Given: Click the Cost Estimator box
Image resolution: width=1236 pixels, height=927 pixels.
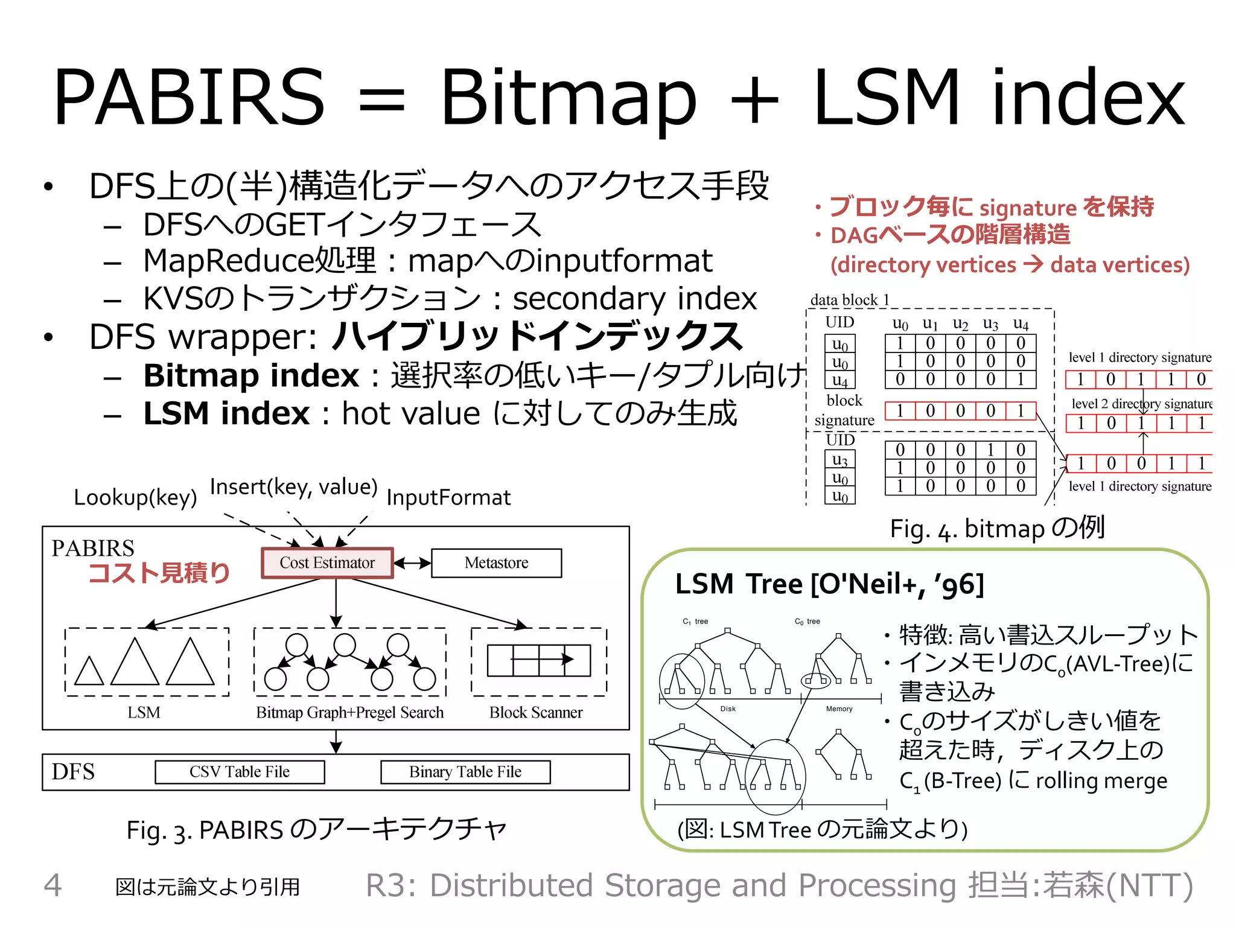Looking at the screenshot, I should pyautogui.click(x=327, y=562).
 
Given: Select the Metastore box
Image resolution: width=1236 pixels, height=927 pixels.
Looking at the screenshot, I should pyautogui.click(x=496, y=562).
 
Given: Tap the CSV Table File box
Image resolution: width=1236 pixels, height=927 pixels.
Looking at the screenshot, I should pyautogui.click(x=240, y=771).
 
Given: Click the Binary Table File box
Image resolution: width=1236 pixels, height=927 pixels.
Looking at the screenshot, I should pyautogui.click(x=465, y=771).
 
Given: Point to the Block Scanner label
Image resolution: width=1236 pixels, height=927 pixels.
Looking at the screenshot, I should pyautogui.click(x=536, y=712).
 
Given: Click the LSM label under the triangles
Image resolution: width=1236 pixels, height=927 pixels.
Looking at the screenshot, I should pyautogui.click(x=144, y=712).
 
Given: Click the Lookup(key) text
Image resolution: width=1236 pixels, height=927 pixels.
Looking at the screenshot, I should pyautogui.click(x=135, y=497).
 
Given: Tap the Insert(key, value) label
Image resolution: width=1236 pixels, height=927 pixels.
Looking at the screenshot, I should pyautogui.click(x=294, y=486).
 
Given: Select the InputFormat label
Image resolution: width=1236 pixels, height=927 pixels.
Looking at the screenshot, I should pyautogui.click(x=448, y=497).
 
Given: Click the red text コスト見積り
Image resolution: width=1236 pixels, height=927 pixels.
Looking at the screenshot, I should pyautogui.click(x=159, y=573).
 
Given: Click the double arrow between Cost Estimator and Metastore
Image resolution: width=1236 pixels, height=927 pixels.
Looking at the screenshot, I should pyautogui.click(x=412, y=563).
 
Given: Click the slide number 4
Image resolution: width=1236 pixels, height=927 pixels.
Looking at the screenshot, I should pyautogui.click(x=53, y=885).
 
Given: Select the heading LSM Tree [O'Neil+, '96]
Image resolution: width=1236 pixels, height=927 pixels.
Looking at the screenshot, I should pyautogui.click(x=829, y=584).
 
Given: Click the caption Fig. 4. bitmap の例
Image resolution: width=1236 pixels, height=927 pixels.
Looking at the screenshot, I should pyautogui.click(x=997, y=529).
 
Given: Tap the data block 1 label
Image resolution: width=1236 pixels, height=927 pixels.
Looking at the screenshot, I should pyautogui.click(x=850, y=300).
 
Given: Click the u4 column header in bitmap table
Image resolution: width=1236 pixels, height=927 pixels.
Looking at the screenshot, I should pyautogui.click(x=1021, y=324).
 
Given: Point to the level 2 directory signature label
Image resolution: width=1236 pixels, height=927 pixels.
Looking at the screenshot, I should pyautogui.click(x=1141, y=403).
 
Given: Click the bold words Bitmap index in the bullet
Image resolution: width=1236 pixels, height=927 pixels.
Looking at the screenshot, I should pyautogui.click(x=251, y=375).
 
